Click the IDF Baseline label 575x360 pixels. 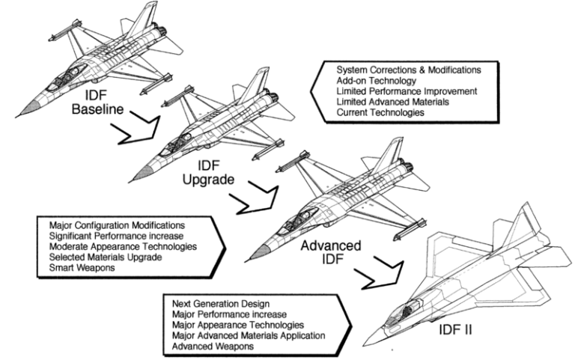(97, 103)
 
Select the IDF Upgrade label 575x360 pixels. (208, 173)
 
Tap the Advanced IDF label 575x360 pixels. (331, 252)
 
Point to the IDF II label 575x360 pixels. (455, 330)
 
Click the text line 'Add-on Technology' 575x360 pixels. (376, 81)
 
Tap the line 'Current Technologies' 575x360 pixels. (380, 112)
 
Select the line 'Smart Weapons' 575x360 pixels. (82, 268)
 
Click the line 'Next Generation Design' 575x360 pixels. (221, 304)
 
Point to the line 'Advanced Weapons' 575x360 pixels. (213, 347)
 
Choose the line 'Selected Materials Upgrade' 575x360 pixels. (106, 257)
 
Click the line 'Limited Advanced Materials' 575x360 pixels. (392, 102)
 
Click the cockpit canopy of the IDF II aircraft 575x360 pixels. (401, 313)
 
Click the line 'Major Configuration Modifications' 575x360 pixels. (117, 225)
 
